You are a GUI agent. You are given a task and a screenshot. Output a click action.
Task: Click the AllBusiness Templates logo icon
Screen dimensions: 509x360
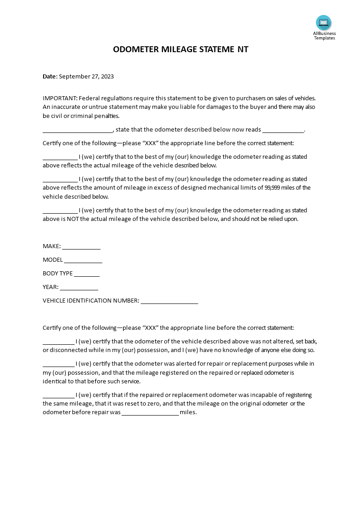(x=324, y=23)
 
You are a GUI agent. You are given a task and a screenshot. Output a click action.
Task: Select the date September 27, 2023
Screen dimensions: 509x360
(x=87, y=76)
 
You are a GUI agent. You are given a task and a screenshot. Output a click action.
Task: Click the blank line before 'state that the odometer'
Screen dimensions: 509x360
(x=78, y=130)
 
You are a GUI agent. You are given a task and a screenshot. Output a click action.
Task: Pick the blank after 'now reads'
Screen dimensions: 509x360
(x=283, y=130)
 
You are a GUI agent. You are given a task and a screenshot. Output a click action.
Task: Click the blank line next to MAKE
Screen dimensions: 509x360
(x=81, y=247)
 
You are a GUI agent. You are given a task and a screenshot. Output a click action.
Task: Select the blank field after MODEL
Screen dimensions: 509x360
(x=83, y=260)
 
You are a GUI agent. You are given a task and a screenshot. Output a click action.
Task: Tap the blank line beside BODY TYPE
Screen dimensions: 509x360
(x=87, y=274)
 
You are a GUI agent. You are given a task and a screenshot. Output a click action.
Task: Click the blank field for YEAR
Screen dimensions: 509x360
(x=79, y=288)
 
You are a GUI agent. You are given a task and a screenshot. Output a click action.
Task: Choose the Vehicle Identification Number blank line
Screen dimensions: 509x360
(x=169, y=301)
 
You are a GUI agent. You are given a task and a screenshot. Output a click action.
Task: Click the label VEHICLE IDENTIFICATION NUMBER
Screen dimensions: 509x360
(x=91, y=300)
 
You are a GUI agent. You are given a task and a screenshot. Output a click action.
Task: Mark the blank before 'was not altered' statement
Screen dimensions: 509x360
(x=59, y=342)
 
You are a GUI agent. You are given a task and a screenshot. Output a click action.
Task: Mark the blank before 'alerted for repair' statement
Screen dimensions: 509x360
(x=59, y=364)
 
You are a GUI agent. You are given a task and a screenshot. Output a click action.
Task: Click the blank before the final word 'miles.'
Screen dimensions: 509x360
(x=150, y=413)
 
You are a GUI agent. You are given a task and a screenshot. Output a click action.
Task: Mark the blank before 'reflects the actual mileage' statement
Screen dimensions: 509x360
(x=60, y=157)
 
